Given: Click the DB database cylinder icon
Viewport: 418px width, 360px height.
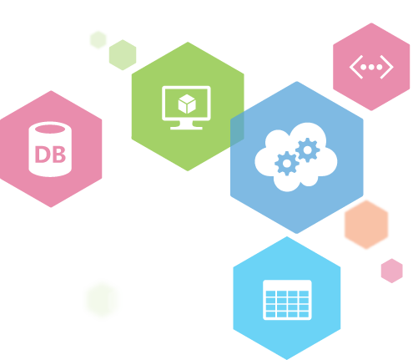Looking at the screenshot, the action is click(x=50, y=150).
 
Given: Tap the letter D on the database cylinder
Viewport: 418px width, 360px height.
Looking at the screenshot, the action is click(x=42, y=155).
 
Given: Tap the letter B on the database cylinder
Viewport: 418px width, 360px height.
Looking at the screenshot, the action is click(x=58, y=155).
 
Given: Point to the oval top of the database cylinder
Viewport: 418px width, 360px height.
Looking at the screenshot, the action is click(x=50, y=129).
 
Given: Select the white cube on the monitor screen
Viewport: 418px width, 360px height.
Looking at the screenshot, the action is click(x=187, y=104).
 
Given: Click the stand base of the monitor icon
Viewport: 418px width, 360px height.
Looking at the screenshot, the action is click(x=186, y=128).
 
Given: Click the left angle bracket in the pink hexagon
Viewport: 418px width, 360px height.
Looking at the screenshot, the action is click(x=355, y=67).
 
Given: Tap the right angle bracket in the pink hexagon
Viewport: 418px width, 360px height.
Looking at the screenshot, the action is click(x=387, y=67).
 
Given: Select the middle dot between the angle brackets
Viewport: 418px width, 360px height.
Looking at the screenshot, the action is click(x=371, y=67).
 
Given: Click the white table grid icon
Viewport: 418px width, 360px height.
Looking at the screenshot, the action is click(x=287, y=300).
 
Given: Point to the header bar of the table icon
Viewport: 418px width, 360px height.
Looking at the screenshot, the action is click(x=287, y=285).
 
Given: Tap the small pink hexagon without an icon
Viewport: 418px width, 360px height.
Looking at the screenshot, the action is click(x=392, y=271).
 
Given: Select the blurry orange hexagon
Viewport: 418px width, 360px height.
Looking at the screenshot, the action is click(x=366, y=225).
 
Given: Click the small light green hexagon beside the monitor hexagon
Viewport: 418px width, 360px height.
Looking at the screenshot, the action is click(x=123, y=55).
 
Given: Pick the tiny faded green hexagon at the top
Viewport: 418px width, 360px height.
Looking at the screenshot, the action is click(x=98, y=40).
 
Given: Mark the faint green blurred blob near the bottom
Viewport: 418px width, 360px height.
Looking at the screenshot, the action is click(x=103, y=299).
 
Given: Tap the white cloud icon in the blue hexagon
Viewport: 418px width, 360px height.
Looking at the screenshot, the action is click(x=296, y=157).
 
